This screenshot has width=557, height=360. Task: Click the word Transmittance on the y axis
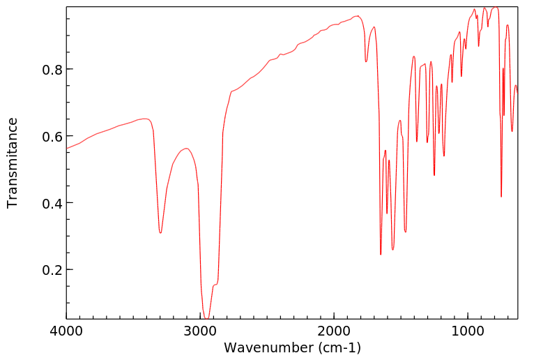click(x=13, y=163)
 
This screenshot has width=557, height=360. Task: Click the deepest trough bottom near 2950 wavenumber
click(x=207, y=319)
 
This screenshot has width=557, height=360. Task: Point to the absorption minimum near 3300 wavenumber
click(x=160, y=232)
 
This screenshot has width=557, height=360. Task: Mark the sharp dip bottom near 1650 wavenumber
click(x=381, y=254)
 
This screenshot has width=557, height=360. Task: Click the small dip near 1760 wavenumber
click(x=366, y=62)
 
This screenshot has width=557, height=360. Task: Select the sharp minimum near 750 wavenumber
click(x=501, y=197)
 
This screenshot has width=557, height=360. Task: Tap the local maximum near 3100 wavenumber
click(x=186, y=149)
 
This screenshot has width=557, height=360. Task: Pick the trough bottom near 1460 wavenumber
click(x=405, y=231)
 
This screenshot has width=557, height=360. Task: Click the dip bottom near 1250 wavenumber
click(x=434, y=175)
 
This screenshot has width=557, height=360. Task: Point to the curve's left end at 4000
click(x=67, y=148)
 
